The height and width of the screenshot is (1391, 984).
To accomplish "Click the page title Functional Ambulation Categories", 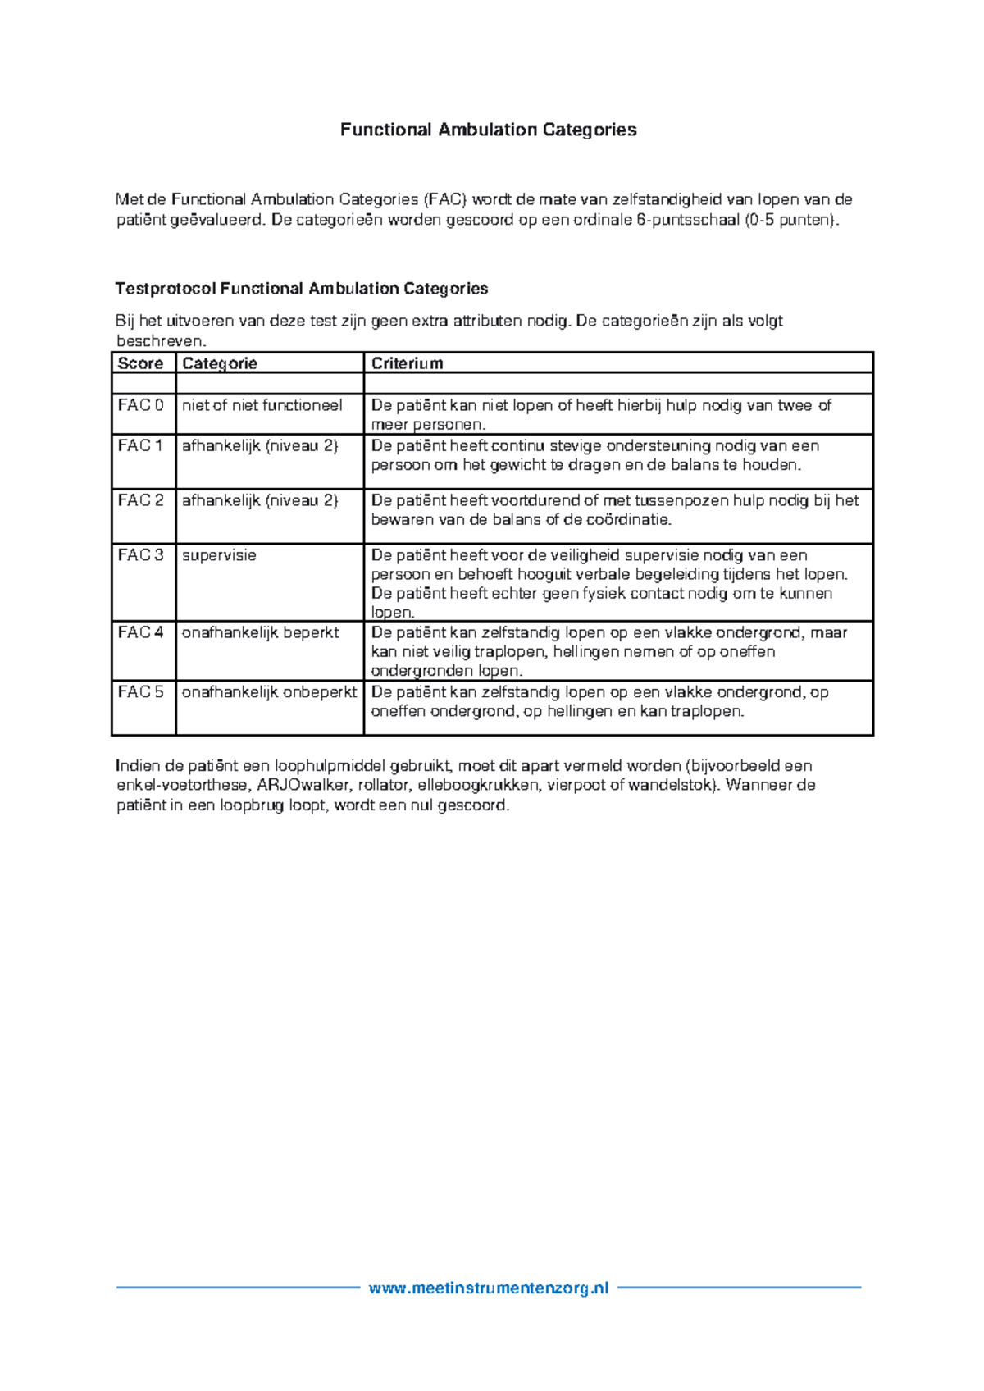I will (488, 130).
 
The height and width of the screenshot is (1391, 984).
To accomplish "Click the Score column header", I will (140, 363).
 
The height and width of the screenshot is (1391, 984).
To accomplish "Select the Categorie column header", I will (220, 363).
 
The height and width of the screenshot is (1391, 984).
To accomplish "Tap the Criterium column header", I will (407, 363).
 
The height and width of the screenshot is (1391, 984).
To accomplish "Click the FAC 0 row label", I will (140, 405).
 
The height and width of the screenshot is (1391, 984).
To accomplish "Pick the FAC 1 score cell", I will (140, 446).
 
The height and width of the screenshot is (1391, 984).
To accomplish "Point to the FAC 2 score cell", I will (140, 500).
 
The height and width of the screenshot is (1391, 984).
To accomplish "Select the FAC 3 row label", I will (140, 555).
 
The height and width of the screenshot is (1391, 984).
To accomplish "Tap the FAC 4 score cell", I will (140, 632).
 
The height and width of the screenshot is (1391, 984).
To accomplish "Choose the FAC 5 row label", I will (140, 692).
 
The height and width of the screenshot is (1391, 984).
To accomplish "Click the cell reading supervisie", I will (219, 555).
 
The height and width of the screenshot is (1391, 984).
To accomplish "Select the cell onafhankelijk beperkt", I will (260, 632).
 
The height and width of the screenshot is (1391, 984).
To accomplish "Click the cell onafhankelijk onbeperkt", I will (269, 692).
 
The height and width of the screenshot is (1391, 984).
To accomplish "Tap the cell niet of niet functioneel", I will (262, 405).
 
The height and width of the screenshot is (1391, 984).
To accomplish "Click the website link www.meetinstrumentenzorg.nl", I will (489, 1288).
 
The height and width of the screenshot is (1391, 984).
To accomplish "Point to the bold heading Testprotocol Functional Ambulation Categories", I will (301, 289).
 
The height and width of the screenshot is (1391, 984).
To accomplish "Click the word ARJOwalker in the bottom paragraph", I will (303, 785).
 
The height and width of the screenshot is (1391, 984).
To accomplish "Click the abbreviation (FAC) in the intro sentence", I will (445, 199).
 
